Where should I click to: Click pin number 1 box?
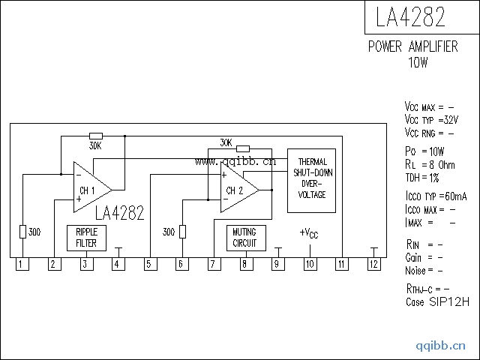[x=22, y=264]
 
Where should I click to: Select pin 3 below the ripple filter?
[x=85, y=264]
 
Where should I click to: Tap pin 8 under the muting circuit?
[x=244, y=264]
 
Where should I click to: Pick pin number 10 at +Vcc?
[x=309, y=264]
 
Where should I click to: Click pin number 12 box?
[x=373, y=264]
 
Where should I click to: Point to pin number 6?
[x=181, y=264]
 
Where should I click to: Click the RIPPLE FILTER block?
[x=86, y=238]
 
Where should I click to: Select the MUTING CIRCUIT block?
[x=244, y=238]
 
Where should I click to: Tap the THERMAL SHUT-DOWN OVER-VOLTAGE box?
[x=311, y=179]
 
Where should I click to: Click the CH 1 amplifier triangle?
[x=89, y=185]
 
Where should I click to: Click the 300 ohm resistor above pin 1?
[x=22, y=232]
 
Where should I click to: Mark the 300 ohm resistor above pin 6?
[x=181, y=232]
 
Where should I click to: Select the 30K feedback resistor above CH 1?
[x=95, y=136]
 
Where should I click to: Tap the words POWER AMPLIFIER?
[x=412, y=46]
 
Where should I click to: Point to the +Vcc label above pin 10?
[x=309, y=232]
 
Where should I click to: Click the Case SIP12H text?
[x=436, y=302]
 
